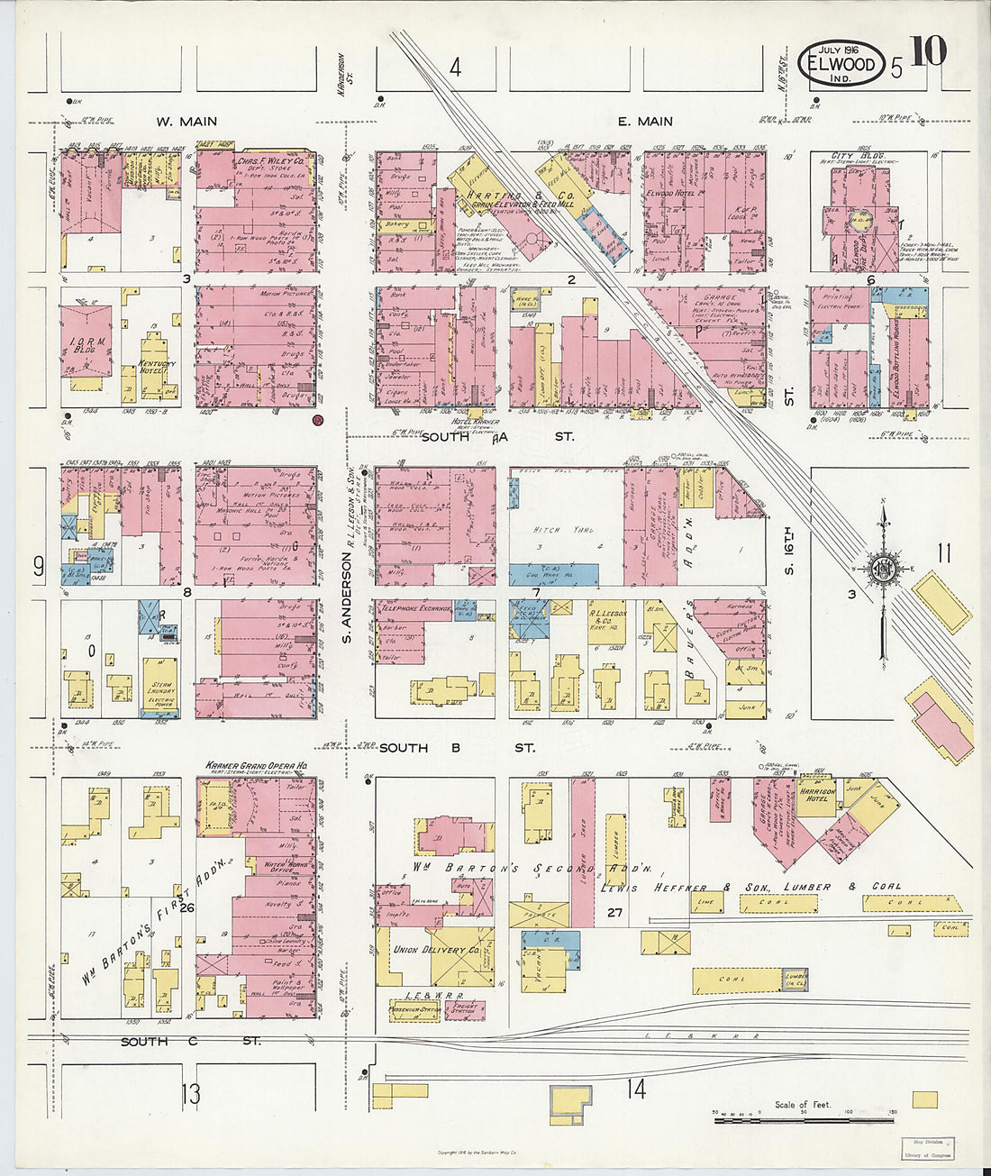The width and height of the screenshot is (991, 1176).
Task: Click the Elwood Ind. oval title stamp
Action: point(841,64)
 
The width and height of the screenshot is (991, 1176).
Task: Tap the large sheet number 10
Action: point(927,53)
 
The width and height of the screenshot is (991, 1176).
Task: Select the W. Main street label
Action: point(186,122)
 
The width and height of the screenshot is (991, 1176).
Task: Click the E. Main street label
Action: point(645,122)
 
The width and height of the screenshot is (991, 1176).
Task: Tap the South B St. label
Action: point(456,748)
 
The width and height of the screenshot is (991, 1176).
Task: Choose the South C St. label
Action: point(191,1041)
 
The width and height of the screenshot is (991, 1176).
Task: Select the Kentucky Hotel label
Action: point(158,366)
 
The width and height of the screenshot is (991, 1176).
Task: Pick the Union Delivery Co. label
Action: point(436,949)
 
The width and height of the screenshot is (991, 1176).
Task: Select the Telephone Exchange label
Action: point(414,609)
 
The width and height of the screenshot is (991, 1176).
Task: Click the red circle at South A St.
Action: point(317,419)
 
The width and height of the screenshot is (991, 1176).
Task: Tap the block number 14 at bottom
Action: point(636,1089)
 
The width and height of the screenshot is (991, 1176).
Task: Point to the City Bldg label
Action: point(853,156)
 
